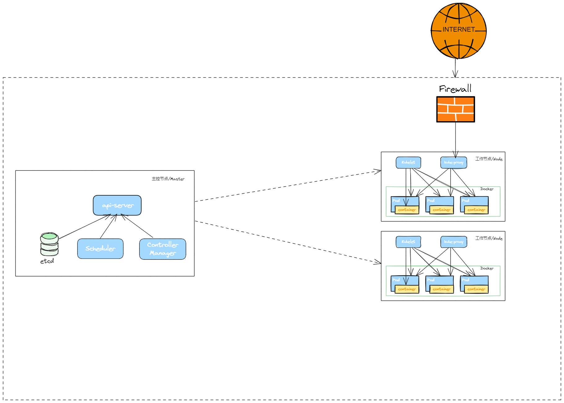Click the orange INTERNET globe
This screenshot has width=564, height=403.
pos(459,31)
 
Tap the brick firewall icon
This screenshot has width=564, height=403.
pos(456,109)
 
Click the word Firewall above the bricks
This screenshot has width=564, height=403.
pos(455,89)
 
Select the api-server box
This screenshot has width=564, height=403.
pos(117,205)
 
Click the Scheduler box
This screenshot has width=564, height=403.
pos(100,249)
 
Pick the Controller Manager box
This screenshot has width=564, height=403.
pos(163,249)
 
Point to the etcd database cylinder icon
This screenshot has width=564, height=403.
pos(49,244)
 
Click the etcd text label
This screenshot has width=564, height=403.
pos(47,261)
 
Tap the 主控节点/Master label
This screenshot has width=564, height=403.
pos(168,179)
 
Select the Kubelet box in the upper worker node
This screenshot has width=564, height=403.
pos(408,162)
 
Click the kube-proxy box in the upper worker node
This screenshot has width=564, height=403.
pos(454,162)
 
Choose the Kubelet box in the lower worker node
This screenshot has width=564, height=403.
pos(408,242)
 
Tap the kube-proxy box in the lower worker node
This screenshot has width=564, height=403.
pos(454,242)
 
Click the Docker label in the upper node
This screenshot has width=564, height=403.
pos(487,189)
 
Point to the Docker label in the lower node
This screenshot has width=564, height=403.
pos(487,268)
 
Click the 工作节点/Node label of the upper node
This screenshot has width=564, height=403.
pos(489,159)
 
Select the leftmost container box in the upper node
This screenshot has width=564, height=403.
pos(407,210)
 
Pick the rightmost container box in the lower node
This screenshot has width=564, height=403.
pos(476,289)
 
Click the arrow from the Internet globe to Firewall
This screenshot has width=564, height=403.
pos(455,68)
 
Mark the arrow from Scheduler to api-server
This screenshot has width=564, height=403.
pos(108,227)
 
